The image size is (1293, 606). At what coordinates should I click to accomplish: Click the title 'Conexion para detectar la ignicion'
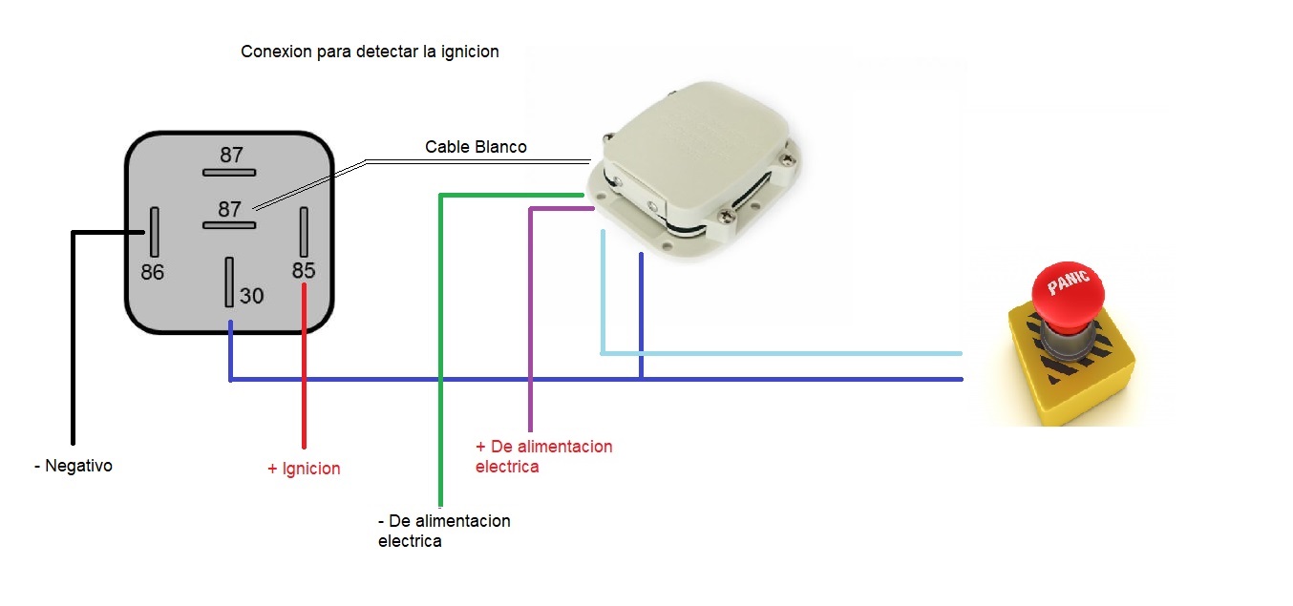tap(370, 52)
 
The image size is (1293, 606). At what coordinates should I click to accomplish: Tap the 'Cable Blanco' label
tap(476, 147)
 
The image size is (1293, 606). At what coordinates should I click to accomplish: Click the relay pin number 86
tap(153, 272)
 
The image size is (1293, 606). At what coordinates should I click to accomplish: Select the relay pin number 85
tap(304, 270)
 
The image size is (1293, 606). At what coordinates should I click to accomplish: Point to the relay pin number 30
tap(251, 296)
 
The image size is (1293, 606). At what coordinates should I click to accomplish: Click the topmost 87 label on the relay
tap(231, 155)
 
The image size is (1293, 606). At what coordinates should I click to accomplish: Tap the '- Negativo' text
tap(73, 466)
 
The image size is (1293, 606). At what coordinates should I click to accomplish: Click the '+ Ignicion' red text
tap(304, 469)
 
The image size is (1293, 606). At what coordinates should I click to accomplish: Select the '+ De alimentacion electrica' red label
tap(543, 456)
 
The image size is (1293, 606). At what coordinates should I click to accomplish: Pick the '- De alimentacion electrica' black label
tap(444, 531)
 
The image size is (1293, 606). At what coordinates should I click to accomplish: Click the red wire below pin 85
tap(304, 382)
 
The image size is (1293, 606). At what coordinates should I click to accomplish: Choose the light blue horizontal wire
tap(783, 353)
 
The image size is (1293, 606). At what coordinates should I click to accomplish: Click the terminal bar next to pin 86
tap(154, 231)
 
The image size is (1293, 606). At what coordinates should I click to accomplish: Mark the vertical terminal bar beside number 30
tap(229, 282)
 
